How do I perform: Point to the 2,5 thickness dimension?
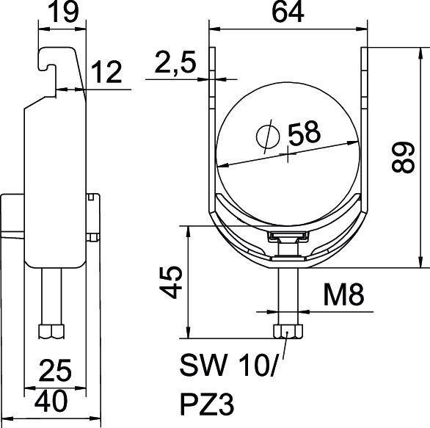[175, 65]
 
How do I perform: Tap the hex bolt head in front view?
[286, 332]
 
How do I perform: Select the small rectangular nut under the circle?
[287, 236]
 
